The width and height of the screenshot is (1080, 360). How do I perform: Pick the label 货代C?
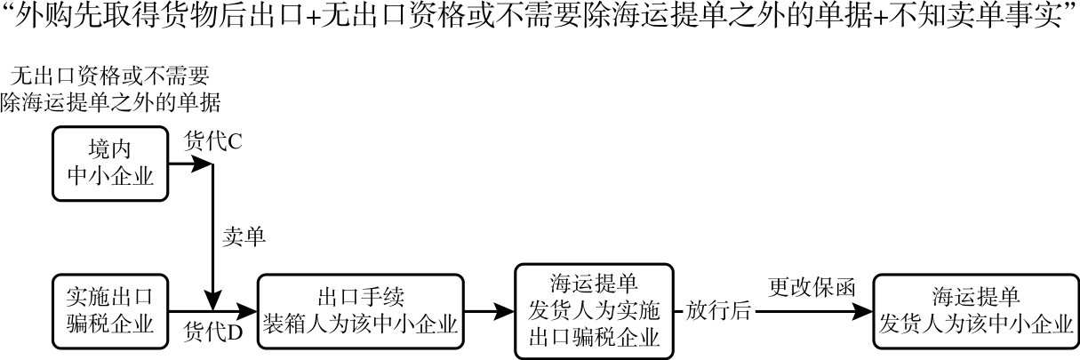tap(212, 141)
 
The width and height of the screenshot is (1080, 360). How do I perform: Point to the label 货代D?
tap(212, 332)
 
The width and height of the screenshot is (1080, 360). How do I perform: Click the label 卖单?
tap(243, 237)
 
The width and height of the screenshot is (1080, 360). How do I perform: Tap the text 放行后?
tap(718, 311)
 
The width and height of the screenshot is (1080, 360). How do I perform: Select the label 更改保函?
tap(812, 288)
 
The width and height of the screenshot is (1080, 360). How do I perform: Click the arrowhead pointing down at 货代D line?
tap(213, 300)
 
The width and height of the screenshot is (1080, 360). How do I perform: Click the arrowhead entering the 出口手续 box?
tap(248, 311)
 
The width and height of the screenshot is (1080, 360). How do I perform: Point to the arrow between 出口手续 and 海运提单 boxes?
tap(490, 311)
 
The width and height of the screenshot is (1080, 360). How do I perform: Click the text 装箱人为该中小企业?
tap(361, 324)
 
